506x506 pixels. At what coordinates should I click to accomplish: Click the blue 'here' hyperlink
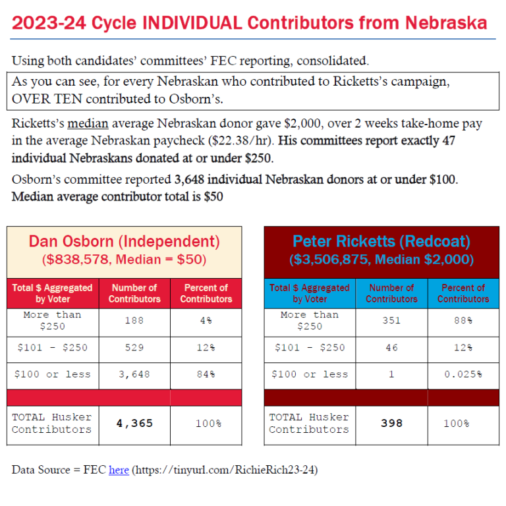pos(119,470)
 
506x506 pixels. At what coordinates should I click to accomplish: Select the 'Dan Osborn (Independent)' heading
pos(124,241)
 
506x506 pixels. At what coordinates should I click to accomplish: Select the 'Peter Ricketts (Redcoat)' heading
pos(381,241)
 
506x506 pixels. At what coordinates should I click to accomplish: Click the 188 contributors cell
pos(134,321)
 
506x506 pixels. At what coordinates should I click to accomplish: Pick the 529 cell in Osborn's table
pos(134,347)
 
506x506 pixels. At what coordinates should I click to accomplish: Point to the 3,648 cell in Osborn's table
pos(134,374)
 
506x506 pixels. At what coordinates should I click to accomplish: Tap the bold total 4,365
pos(134,423)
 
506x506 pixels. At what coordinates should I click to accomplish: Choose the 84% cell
pos(206,374)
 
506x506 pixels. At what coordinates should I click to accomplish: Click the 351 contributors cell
pos(391,321)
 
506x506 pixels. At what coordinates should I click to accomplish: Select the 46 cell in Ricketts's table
pos(391,347)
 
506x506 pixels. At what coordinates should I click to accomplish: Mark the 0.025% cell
pos(463,374)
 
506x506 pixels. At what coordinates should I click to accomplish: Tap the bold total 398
pos(391,423)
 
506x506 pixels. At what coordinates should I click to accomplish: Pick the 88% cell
pos(463,321)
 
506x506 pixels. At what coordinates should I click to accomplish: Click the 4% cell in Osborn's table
pos(206,321)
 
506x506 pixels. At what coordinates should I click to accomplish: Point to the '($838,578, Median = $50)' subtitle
pos(124,260)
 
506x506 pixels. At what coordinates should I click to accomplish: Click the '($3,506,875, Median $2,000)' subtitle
pos(381,260)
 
